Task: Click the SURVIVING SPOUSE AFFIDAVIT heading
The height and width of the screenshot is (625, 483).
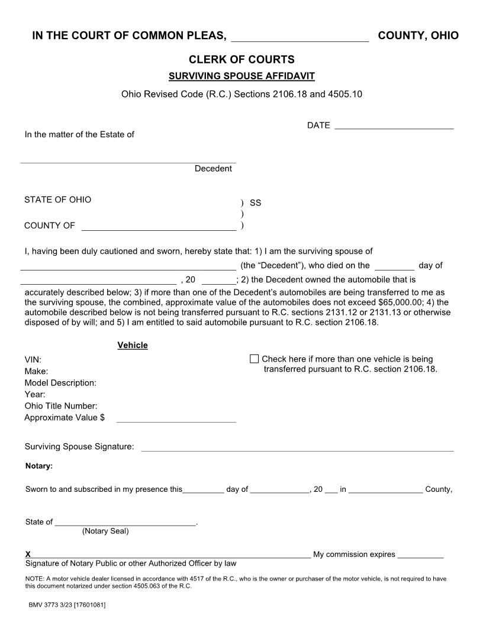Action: click(241, 76)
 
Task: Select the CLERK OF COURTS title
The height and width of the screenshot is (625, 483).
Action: click(241, 59)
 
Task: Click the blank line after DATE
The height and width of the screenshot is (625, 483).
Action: click(394, 125)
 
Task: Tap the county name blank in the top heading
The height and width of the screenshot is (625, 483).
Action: click(300, 37)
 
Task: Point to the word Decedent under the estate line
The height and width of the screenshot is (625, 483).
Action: click(213, 169)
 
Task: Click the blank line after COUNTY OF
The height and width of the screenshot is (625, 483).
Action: click(158, 226)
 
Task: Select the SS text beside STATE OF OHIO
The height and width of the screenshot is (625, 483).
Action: click(255, 202)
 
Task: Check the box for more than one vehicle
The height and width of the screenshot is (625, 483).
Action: click(255, 359)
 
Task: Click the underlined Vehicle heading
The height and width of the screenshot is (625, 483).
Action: click(133, 345)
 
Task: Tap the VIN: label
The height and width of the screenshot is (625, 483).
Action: click(33, 359)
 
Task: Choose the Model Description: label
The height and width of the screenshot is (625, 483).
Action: click(60, 383)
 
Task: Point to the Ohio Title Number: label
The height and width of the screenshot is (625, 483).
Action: click(60, 406)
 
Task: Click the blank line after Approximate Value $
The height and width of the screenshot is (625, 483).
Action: click(176, 418)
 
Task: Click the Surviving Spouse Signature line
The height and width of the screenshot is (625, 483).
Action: click(297, 447)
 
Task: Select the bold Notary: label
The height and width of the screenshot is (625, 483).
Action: click(39, 466)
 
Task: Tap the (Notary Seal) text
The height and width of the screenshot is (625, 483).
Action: click(105, 531)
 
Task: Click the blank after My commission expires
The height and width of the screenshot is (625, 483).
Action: click(420, 555)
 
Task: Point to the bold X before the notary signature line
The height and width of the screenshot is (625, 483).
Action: click(28, 555)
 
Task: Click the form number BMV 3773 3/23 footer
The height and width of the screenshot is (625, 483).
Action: click(67, 605)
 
